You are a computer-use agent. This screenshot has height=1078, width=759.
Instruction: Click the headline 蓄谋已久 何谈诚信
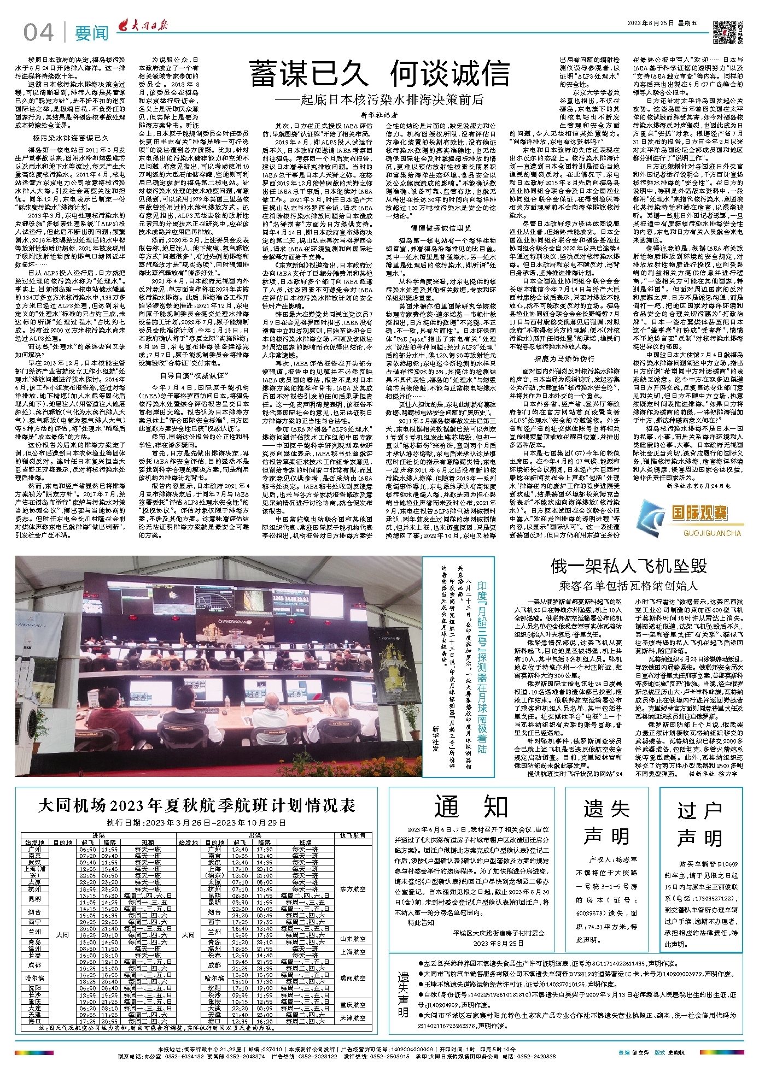click(379, 74)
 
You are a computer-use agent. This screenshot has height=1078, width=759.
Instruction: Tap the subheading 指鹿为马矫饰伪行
click(564, 359)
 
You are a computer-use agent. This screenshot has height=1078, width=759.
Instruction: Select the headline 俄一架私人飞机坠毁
click(628, 566)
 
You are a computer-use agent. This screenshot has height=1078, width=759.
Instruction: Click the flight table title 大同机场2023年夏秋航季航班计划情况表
click(197, 805)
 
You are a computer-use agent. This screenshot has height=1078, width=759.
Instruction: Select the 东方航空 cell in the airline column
click(353, 889)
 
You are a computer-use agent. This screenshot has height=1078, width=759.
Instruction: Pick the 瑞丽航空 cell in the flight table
click(353, 978)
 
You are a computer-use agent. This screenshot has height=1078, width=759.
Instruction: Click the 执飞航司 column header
click(353, 835)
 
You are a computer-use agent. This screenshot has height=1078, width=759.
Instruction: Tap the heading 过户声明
click(700, 824)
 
